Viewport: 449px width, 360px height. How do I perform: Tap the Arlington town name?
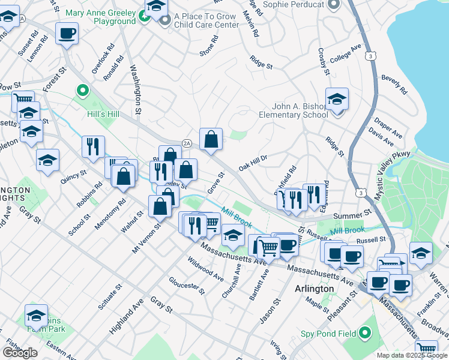click(314, 289)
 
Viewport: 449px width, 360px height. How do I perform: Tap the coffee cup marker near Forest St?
click(67, 33)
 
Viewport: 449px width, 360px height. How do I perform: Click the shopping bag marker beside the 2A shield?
click(211, 139)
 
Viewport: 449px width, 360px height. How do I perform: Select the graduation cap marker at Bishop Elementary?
click(337, 99)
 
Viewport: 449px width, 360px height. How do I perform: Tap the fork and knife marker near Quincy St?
click(93, 146)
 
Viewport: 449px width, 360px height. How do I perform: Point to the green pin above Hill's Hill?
click(82, 92)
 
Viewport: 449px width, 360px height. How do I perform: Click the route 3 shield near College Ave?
click(373, 56)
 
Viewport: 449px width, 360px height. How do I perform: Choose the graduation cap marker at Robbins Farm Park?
click(36, 316)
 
